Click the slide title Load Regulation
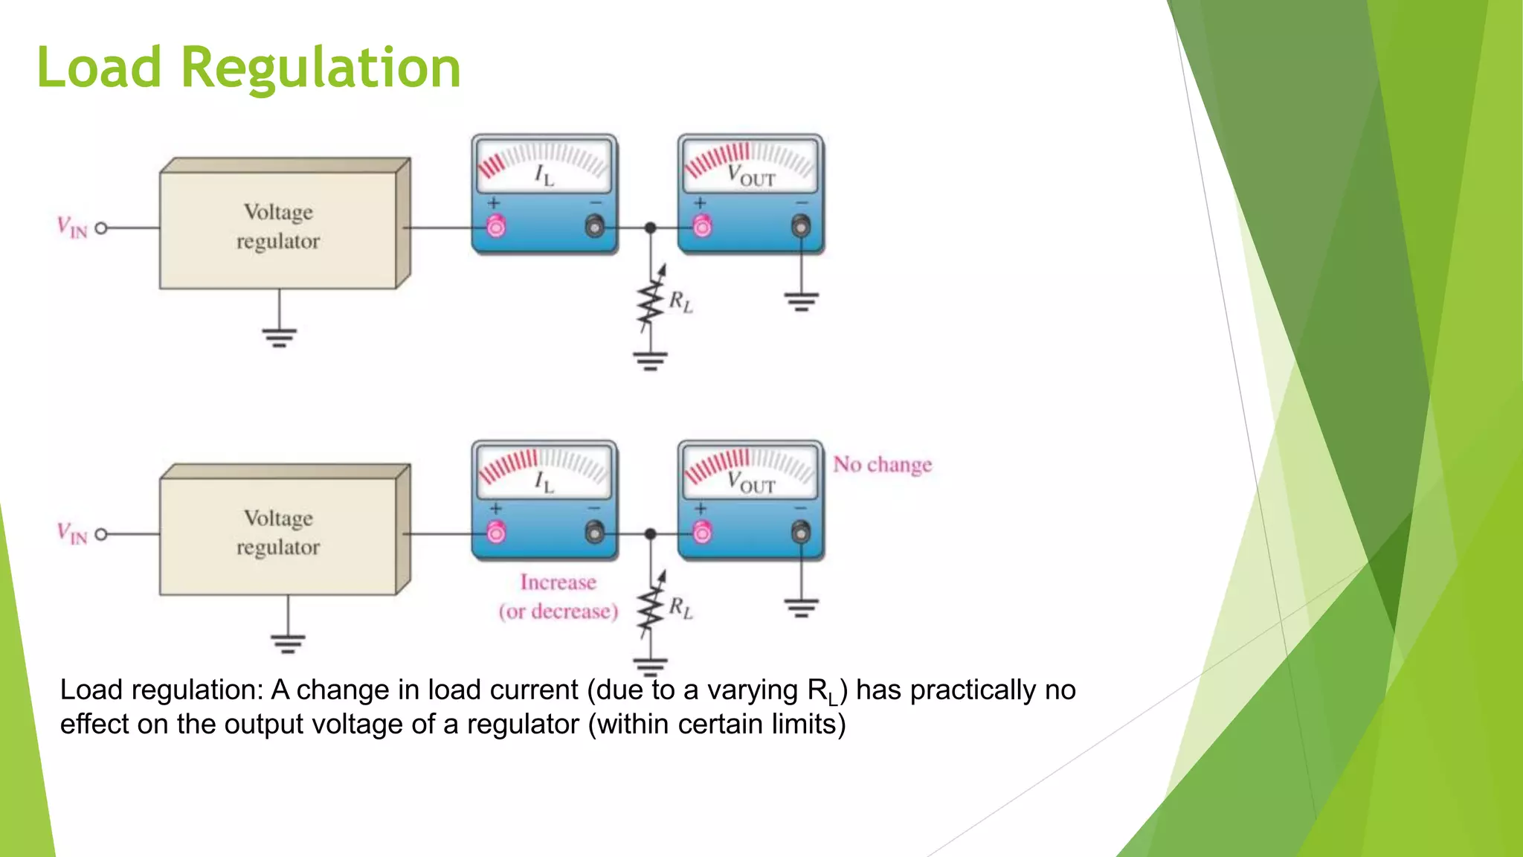click(248, 67)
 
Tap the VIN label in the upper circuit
click(72, 227)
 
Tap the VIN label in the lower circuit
click(72, 533)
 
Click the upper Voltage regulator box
click(278, 227)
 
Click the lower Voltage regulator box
click(278, 533)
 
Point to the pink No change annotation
click(882, 465)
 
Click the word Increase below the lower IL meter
click(558, 582)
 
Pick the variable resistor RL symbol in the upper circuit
click(650, 301)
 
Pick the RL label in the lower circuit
click(680, 608)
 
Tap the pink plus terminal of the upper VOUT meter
click(702, 225)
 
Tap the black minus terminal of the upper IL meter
click(595, 225)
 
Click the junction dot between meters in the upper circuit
click(650, 228)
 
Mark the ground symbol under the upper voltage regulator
click(279, 337)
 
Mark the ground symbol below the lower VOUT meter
click(801, 608)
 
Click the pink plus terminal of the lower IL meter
click(496, 532)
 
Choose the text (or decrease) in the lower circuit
click(558, 612)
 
